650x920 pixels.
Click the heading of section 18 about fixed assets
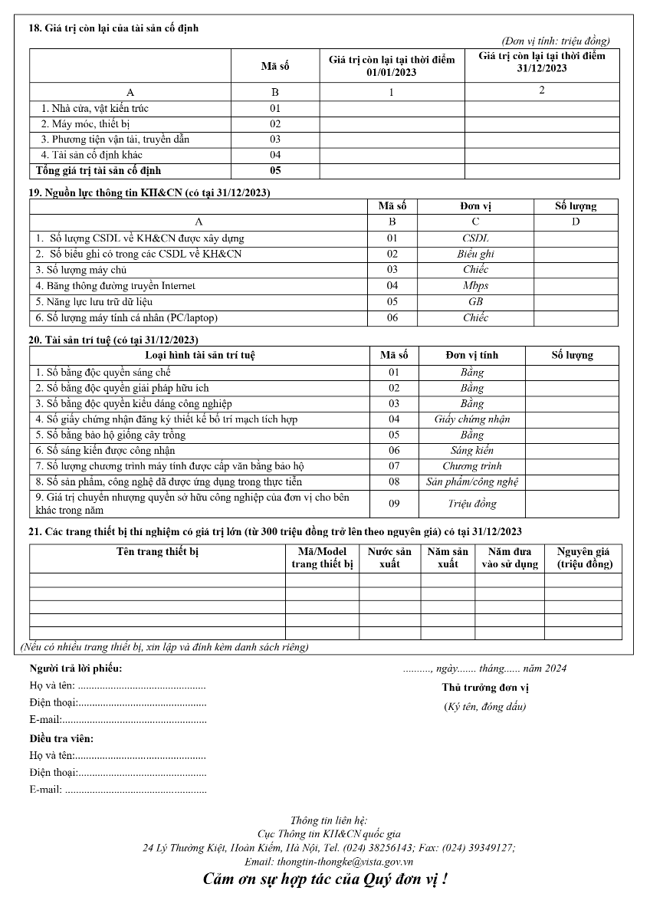point(113,28)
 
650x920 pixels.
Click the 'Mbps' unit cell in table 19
point(475,286)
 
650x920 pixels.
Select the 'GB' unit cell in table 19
point(475,302)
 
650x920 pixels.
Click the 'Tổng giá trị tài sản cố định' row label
point(99,170)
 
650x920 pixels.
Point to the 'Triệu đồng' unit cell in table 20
point(471,504)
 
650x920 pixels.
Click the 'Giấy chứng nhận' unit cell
point(471,419)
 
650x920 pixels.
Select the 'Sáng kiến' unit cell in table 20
point(471,451)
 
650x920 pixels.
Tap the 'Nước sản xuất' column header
point(389,557)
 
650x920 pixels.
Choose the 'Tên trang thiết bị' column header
point(157,552)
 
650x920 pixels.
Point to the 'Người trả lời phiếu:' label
point(75,669)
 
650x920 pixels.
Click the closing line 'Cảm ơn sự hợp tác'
point(325,879)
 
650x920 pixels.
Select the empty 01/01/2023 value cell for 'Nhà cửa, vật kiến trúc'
point(392,109)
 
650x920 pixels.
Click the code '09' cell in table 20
point(394,504)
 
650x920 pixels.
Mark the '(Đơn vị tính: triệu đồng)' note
point(556,41)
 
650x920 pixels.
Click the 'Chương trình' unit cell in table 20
point(471,466)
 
